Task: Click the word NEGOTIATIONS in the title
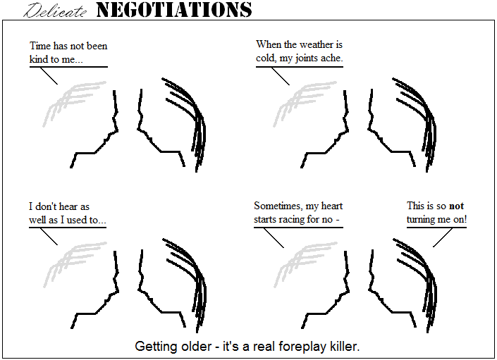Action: [x=174, y=10]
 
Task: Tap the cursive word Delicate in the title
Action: [x=55, y=11]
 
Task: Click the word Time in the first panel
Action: [x=40, y=46]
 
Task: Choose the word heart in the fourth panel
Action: [x=332, y=206]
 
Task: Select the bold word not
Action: [x=456, y=206]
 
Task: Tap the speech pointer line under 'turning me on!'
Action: [x=443, y=237]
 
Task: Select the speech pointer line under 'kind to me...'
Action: [x=49, y=76]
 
